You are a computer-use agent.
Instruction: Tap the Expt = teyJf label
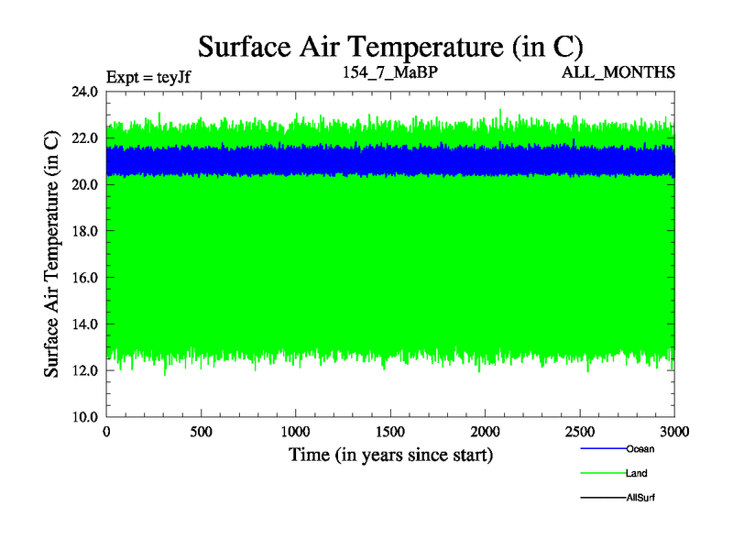pos(148,76)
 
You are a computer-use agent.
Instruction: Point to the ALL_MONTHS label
pos(619,71)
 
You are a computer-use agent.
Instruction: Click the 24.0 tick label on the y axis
pos(87,92)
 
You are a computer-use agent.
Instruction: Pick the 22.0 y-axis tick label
pos(87,137)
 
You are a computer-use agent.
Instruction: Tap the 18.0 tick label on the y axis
pos(87,231)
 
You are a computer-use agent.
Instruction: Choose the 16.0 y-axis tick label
pos(87,277)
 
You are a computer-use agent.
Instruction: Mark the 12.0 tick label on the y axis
pos(87,370)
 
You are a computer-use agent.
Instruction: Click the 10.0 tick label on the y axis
pos(87,416)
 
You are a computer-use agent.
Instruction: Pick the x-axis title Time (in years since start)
pos(391,455)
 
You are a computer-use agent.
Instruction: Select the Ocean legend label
pos(640,449)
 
